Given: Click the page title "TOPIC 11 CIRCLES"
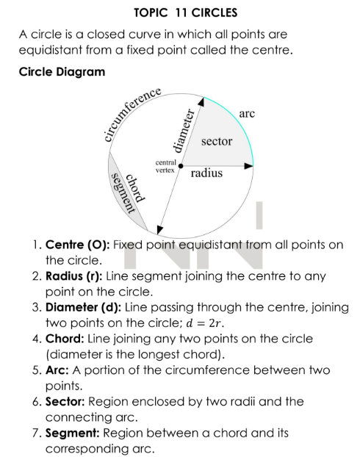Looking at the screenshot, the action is click(x=186, y=12).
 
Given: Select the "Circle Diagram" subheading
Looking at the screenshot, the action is click(x=62, y=72).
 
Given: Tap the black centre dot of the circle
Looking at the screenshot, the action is click(x=181, y=166).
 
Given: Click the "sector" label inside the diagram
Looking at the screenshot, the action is click(x=217, y=141).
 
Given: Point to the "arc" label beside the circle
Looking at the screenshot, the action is click(x=247, y=113).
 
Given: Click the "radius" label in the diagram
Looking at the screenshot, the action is click(x=206, y=173).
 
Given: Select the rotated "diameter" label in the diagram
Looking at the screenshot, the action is click(x=184, y=131).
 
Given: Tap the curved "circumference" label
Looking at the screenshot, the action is click(x=132, y=114).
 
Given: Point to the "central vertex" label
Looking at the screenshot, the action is click(x=165, y=166).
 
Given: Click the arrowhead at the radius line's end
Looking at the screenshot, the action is click(x=248, y=166).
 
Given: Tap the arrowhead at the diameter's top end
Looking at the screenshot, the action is click(x=201, y=101).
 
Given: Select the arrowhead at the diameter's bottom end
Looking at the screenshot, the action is click(x=159, y=230).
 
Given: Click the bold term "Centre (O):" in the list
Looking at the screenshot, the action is click(x=78, y=245).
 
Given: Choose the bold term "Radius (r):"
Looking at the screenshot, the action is click(x=74, y=276).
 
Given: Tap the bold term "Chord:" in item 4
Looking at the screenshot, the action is click(x=65, y=339).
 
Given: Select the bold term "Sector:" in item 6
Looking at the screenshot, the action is click(x=65, y=402).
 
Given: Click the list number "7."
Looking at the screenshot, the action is click(x=37, y=433).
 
